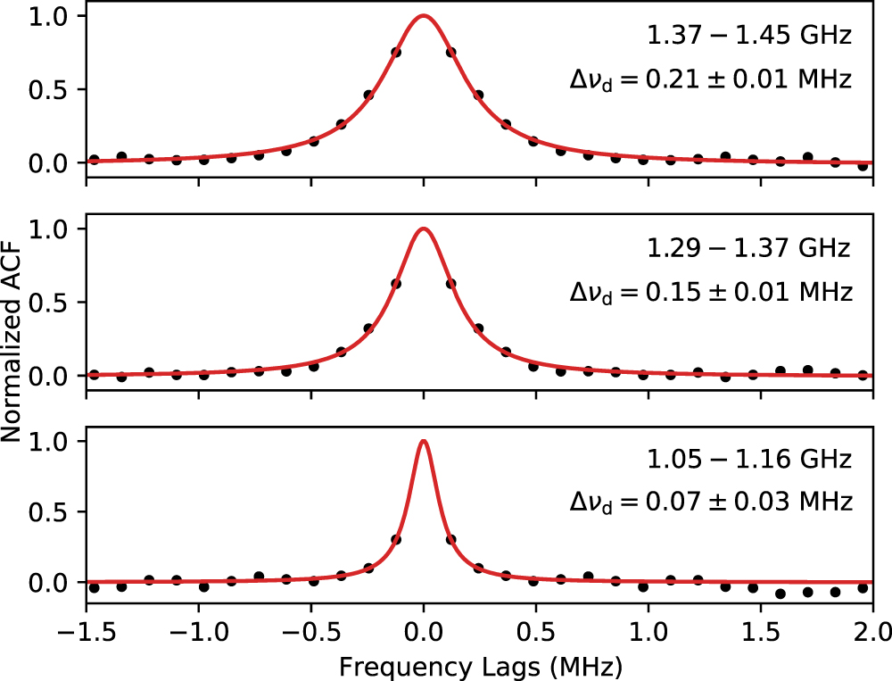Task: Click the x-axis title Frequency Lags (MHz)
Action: tap(479, 665)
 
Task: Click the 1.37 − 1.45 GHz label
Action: tap(749, 37)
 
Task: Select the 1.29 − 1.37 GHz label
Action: tap(749, 248)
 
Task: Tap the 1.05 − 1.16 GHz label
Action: tap(749, 460)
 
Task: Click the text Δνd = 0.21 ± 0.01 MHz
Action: tap(711, 80)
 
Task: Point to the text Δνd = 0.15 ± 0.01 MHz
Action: tap(711, 292)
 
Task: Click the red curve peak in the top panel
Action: tap(423, 16)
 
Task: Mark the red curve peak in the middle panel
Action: tap(423, 228)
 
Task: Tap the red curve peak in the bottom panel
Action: tap(423, 441)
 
